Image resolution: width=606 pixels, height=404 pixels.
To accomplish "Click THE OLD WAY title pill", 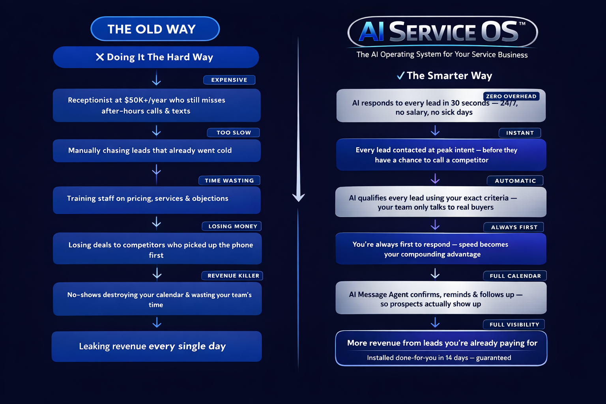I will pyautogui.click(x=155, y=29).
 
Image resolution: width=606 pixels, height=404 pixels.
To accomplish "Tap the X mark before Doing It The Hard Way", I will pyautogui.click(x=100, y=57).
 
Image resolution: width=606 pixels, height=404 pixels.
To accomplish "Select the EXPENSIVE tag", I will pyautogui.click(x=229, y=80).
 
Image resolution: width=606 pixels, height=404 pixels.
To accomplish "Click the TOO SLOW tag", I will pyautogui.click(x=234, y=133).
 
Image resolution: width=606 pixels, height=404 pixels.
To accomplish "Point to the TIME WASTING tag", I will pyautogui.click(x=229, y=180).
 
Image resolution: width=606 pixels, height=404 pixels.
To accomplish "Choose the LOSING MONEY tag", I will pyautogui.click(x=232, y=226).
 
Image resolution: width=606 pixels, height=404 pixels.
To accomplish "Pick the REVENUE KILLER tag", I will pyautogui.click(x=233, y=275).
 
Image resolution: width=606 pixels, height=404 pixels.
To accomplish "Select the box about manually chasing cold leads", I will pyautogui.click(x=157, y=150).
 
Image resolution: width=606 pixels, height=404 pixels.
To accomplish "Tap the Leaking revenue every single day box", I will pyautogui.click(x=157, y=346).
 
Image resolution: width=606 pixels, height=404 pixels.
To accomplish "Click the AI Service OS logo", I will pyautogui.click(x=442, y=32).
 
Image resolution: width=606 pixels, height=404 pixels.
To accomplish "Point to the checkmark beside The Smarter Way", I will pyautogui.click(x=400, y=76).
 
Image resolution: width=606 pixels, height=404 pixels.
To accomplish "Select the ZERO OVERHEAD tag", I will pyautogui.click(x=511, y=96).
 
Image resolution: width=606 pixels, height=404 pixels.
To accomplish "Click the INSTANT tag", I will pyautogui.click(x=520, y=133).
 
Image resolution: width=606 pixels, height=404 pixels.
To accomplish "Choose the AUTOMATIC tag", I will pyautogui.click(x=515, y=181).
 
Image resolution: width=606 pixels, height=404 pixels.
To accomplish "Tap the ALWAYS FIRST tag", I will pyautogui.click(x=514, y=227).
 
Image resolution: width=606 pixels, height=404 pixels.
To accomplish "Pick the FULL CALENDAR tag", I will pyautogui.click(x=515, y=276).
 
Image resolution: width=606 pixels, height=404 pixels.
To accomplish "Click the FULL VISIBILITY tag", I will pyautogui.click(x=514, y=324).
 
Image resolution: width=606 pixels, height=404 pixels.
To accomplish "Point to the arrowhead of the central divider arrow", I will pyautogui.click(x=298, y=197).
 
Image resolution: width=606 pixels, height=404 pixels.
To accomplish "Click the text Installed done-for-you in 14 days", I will pyautogui.click(x=417, y=358).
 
